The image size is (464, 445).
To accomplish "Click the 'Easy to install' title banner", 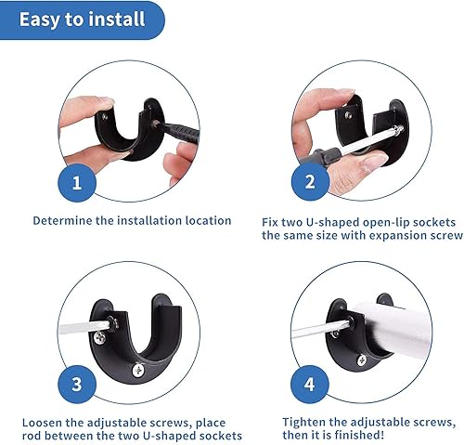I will (x=82, y=19).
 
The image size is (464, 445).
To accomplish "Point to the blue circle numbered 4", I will (x=308, y=383).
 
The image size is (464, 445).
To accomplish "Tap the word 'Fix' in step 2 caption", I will (x=270, y=222).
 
